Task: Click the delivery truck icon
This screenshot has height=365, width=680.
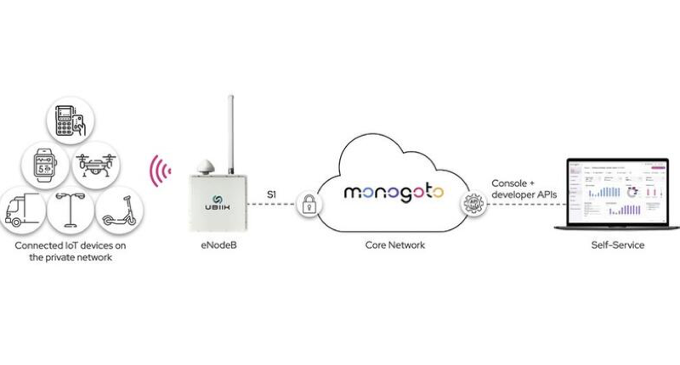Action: [23, 210]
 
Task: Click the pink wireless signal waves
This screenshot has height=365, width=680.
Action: [157, 170]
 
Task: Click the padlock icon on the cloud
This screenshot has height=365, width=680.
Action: [306, 205]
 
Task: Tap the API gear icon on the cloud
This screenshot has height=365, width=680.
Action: [470, 204]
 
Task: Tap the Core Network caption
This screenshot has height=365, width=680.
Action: [390, 245]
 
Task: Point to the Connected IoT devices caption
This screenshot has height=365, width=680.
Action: [65, 251]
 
